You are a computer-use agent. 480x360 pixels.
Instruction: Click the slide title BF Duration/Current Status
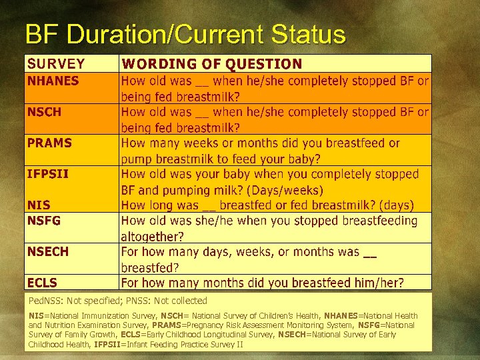[185, 34]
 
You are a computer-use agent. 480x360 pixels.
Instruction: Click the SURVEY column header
[56, 64]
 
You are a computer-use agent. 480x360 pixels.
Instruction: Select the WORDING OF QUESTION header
[211, 64]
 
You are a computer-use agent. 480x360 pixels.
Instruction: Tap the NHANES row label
[53, 81]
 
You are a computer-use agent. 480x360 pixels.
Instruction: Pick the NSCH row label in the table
[44, 112]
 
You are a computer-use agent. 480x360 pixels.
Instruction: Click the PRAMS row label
[49, 143]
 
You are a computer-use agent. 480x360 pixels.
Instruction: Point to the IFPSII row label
[47, 174]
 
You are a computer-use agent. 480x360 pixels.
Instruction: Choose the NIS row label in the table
[38, 205]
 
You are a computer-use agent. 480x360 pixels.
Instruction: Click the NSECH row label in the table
[47, 251]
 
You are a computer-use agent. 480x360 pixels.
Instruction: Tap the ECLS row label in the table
[42, 283]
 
